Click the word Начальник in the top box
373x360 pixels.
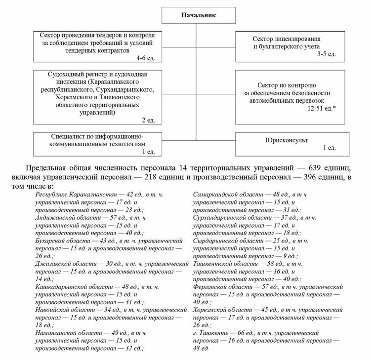coord(197,15)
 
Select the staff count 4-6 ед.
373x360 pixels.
coord(146,58)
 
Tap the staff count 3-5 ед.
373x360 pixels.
coord(327,54)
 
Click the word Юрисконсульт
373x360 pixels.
coord(286,140)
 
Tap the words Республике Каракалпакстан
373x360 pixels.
coord(75,195)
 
